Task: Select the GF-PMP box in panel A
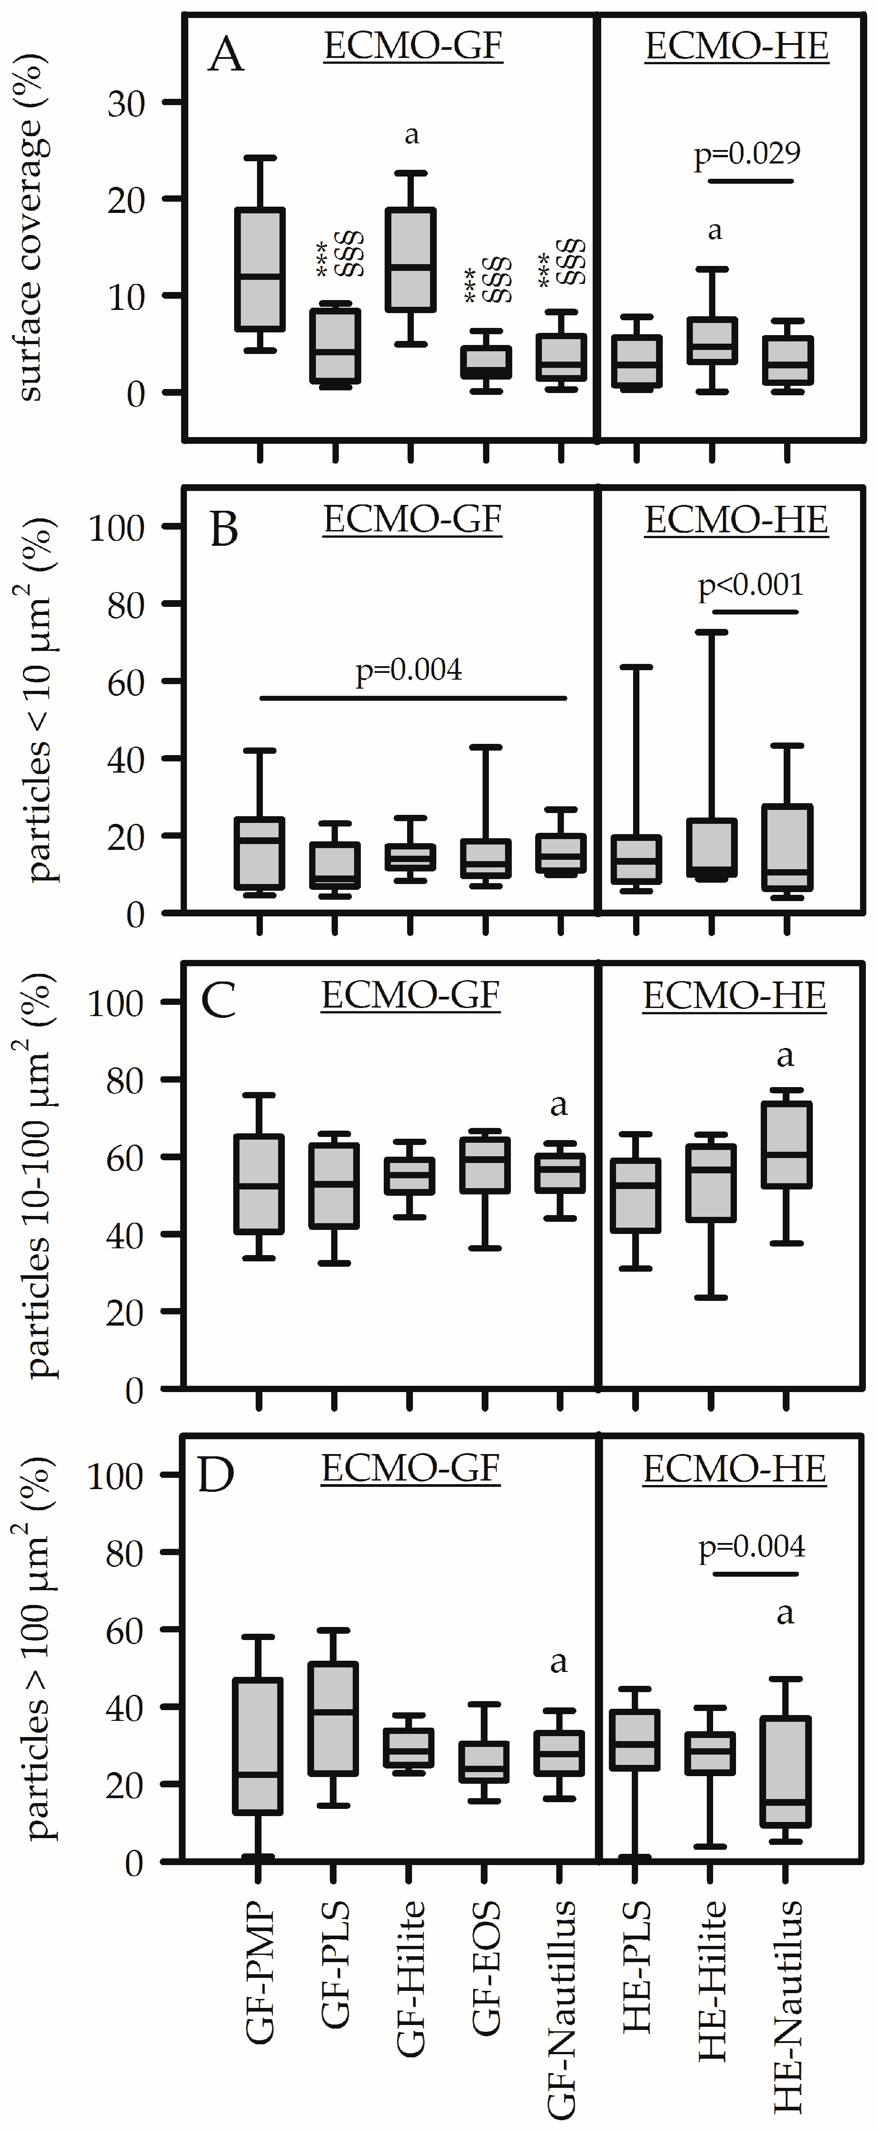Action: [x=260, y=270]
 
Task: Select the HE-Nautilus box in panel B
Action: [x=786, y=848]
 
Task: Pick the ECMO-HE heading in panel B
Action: [x=736, y=520]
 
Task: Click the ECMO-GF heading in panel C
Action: [x=410, y=995]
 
